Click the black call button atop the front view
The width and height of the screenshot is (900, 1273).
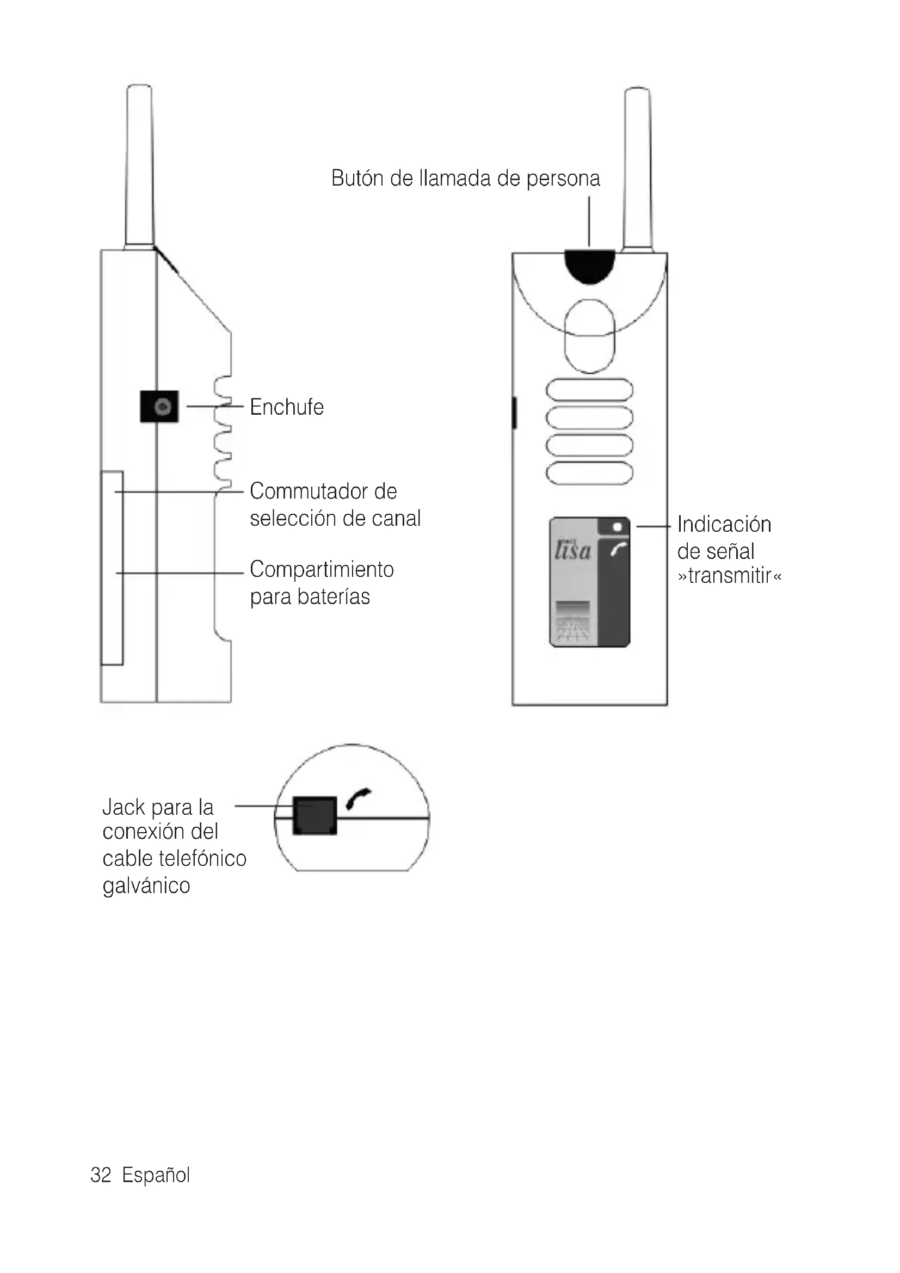(590, 266)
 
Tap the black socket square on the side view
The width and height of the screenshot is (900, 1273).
(159, 407)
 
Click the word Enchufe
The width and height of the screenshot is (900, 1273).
(287, 407)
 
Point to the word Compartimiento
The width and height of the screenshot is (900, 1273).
(322, 569)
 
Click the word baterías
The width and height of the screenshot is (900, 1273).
(333, 597)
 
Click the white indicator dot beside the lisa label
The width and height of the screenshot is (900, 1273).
(617, 527)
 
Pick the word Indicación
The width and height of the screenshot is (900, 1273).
(724, 525)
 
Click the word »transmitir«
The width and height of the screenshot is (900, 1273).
(729, 576)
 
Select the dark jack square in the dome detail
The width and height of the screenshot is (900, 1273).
(314, 816)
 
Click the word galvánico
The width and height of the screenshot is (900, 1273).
(146, 886)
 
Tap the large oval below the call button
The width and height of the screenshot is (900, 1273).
(590, 335)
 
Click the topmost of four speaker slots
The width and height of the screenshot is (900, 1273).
(590, 390)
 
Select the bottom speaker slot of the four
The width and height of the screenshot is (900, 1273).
(590, 473)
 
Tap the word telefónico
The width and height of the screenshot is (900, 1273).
(202, 859)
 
